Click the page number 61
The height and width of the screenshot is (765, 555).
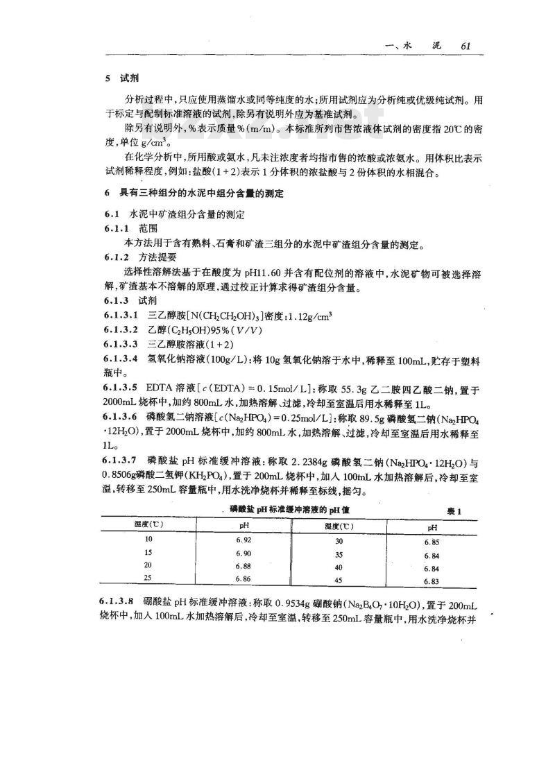[x=466, y=46]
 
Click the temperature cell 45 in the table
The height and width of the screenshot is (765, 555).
[x=339, y=580]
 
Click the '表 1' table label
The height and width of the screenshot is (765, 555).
[x=454, y=510]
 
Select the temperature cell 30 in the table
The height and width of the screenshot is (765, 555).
[x=339, y=540]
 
